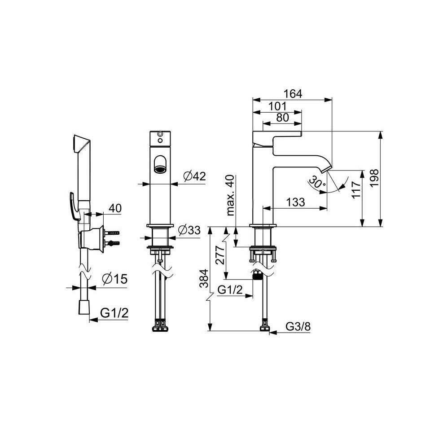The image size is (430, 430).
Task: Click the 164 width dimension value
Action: [292, 94]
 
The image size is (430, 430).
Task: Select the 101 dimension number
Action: [277, 106]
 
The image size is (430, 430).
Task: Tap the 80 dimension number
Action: [283, 118]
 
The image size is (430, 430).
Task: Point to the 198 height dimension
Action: [374, 178]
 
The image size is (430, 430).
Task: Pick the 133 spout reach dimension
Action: [296, 202]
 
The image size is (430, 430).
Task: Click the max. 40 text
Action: [231, 195]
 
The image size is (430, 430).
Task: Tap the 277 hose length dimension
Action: [220, 254]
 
